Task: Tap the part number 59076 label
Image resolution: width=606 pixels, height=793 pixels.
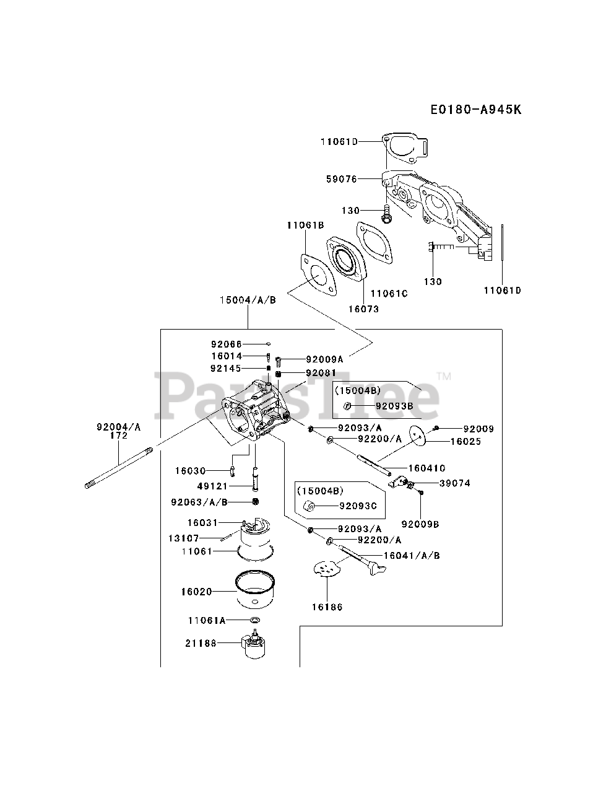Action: point(341,179)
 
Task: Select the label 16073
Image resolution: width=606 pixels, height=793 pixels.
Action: point(363,309)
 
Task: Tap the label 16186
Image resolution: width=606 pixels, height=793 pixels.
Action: point(327,607)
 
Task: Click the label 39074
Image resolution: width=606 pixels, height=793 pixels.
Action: point(454,483)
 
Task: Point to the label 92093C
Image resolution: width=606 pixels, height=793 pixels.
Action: point(357,506)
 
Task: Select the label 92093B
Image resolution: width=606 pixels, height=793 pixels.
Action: point(394,406)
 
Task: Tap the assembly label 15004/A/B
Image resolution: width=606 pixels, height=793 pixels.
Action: point(248,299)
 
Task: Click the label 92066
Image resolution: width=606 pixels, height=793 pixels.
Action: point(226,344)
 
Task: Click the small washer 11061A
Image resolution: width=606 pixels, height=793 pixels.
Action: point(254,620)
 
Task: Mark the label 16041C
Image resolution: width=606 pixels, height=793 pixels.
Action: point(426,468)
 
